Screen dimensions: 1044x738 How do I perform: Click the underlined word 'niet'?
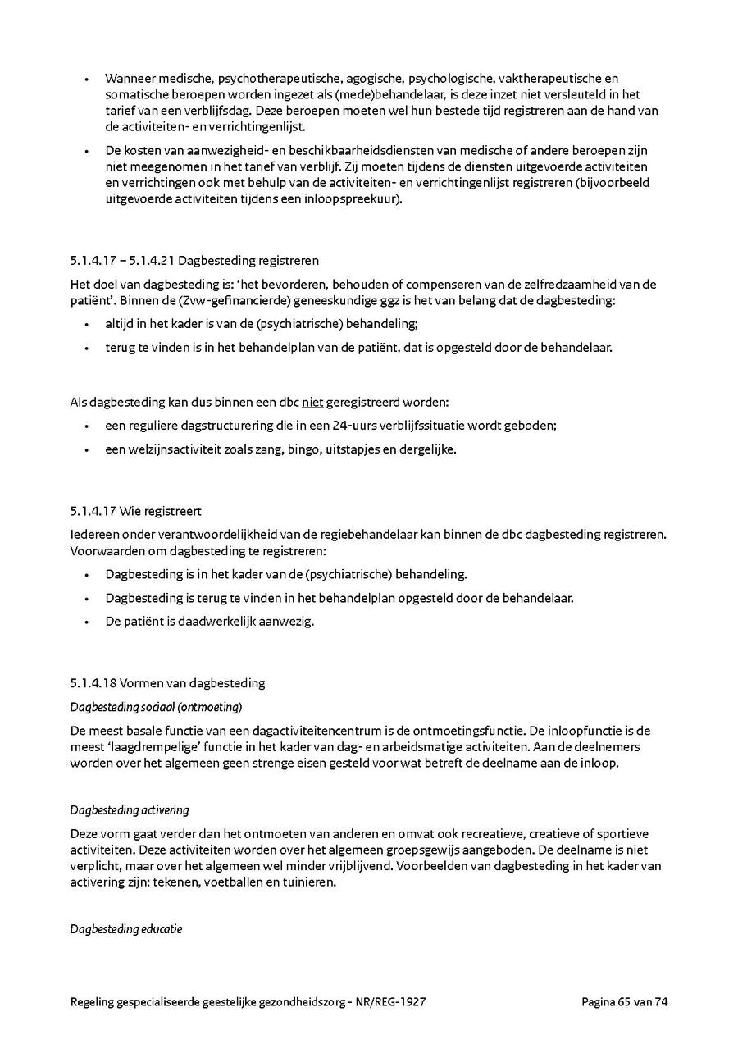click(x=312, y=403)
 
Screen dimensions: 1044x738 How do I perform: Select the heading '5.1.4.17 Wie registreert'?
click(x=135, y=511)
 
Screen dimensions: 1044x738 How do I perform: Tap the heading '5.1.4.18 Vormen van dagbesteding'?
click(x=167, y=683)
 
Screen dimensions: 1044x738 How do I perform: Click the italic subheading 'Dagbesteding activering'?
click(x=130, y=810)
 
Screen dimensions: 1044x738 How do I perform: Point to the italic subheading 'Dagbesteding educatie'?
click(x=126, y=929)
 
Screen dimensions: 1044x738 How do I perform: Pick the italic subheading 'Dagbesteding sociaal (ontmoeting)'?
click(x=156, y=707)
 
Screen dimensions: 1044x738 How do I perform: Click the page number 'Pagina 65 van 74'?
click(x=625, y=1001)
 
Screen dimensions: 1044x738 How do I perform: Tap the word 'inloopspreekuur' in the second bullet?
click(x=359, y=198)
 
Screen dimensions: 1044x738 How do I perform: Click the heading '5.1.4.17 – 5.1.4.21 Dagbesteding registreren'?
click(x=194, y=261)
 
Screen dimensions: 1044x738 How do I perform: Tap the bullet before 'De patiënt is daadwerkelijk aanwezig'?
click(x=87, y=622)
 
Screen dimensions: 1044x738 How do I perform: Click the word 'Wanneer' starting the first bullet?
click(x=129, y=79)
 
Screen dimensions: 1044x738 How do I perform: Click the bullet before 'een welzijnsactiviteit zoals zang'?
click(x=87, y=449)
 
